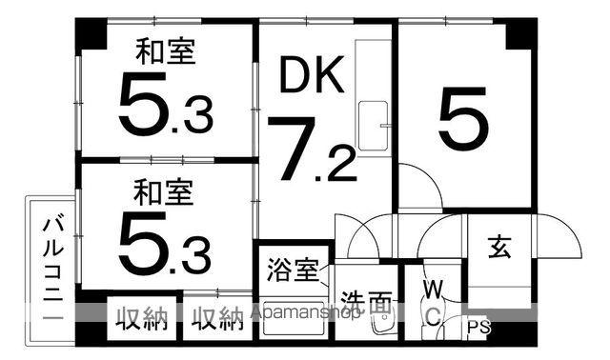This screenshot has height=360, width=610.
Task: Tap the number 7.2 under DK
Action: [312, 150]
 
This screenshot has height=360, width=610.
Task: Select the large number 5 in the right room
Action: [463, 118]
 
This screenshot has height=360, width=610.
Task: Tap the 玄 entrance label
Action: [499, 247]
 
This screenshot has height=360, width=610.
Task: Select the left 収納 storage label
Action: [142, 319]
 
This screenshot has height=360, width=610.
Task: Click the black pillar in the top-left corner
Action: [91, 33]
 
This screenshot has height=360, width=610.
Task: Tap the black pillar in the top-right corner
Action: [520, 33]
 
